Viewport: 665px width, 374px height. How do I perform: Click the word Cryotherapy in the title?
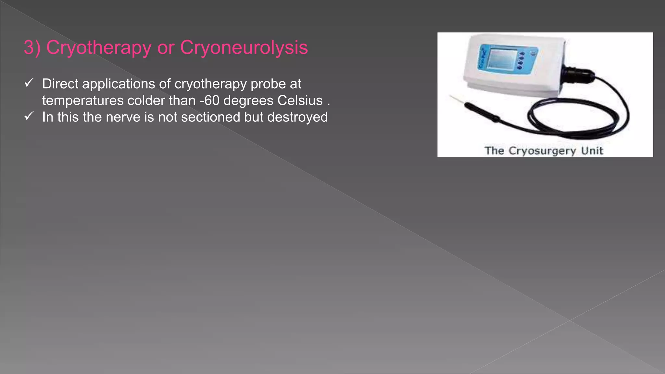99,48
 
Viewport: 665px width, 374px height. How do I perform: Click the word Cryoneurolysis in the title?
244,48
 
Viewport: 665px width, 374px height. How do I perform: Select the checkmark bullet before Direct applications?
29,83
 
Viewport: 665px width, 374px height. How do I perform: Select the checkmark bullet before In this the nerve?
29,116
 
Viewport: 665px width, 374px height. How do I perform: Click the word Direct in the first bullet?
60,84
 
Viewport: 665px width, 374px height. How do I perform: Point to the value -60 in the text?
209,101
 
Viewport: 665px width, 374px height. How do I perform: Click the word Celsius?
300,101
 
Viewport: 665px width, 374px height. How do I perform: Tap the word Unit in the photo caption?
592,151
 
